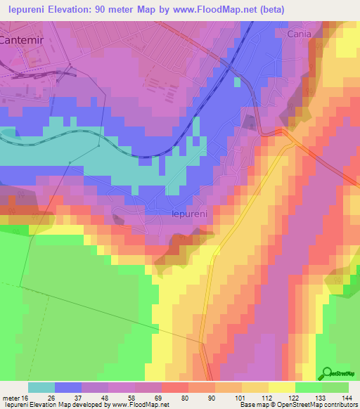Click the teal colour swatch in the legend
point(41,387)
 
